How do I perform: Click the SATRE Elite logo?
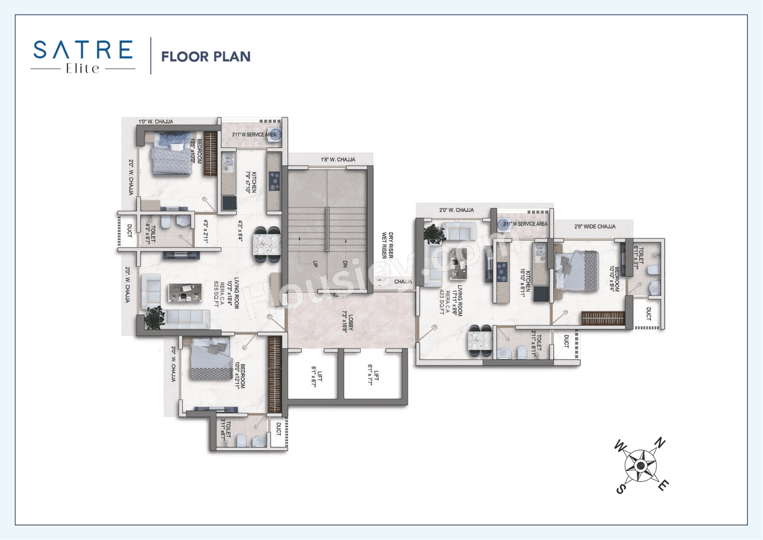click(83, 55)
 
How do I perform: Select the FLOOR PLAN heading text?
click(206, 57)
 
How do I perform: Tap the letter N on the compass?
click(660, 442)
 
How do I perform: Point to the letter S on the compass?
click(620, 489)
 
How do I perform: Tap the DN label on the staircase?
click(344, 263)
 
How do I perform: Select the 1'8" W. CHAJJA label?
click(338, 160)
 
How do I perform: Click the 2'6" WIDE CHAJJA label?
click(594, 226)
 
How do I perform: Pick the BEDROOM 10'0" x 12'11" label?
click(240, 374)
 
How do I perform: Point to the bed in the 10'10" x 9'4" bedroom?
click(576, 271)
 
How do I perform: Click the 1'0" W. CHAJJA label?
click(156, 122)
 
